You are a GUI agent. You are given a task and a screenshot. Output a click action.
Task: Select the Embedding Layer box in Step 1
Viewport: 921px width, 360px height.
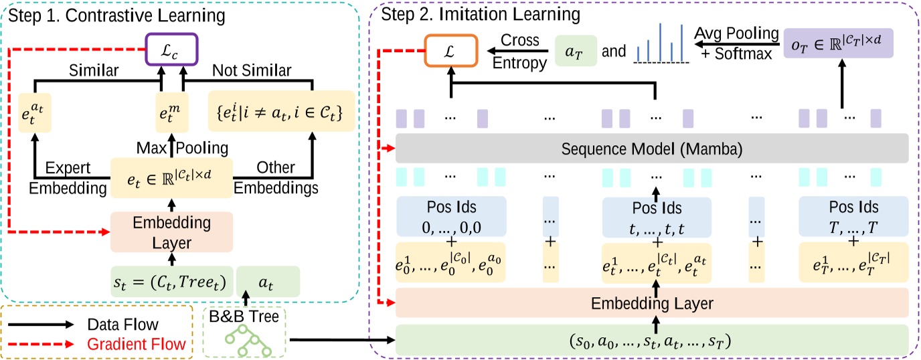(171, 231)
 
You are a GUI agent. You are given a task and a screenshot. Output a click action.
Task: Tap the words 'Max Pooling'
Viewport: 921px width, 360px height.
(172, 146)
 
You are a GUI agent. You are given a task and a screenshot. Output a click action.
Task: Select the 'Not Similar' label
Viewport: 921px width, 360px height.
(252, 70)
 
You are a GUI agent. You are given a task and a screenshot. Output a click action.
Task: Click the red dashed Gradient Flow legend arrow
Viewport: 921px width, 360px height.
(40, 344)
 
